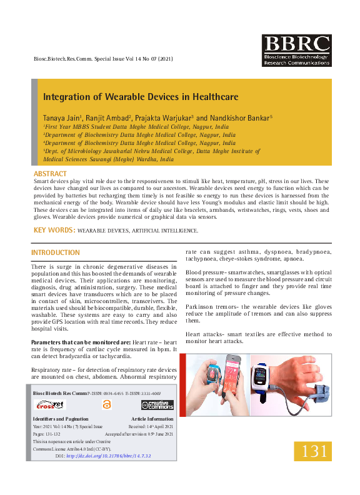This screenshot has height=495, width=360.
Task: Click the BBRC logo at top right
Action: coord(296,50)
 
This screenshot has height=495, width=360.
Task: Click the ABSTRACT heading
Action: coord(50,173)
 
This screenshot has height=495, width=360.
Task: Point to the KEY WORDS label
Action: coord(54,231)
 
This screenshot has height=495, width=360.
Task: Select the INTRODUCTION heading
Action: coord(56,252)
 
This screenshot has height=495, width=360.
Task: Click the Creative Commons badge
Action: coord(157,405)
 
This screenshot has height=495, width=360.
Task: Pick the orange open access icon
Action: coord(106,405)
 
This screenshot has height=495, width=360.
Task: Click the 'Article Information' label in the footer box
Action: coord(152,419)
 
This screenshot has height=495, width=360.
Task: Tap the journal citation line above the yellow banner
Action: coord(102,59)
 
